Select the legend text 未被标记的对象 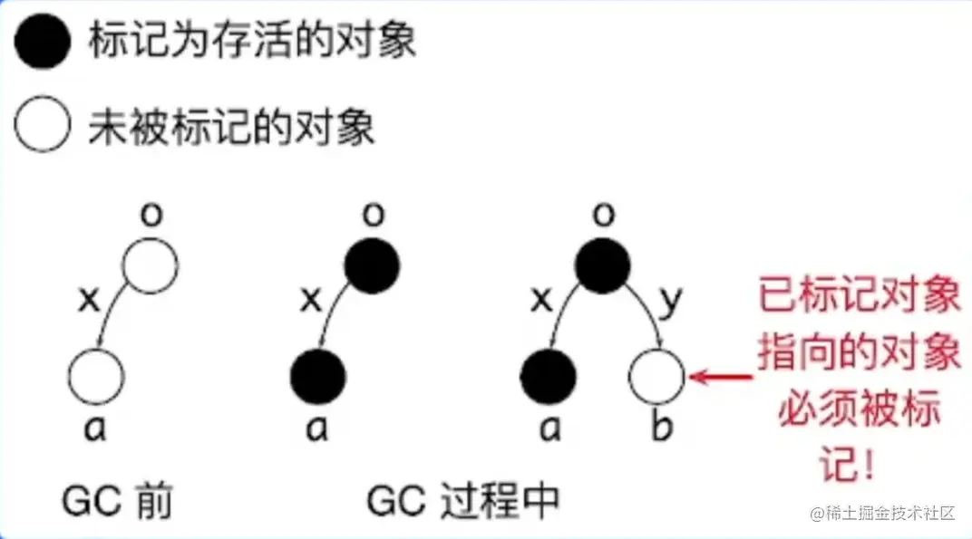(231, 128)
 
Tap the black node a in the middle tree (318, 377)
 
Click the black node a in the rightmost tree (549, 377)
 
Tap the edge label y (669, 301)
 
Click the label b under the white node (662, 427)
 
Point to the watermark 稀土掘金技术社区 (883, 514)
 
